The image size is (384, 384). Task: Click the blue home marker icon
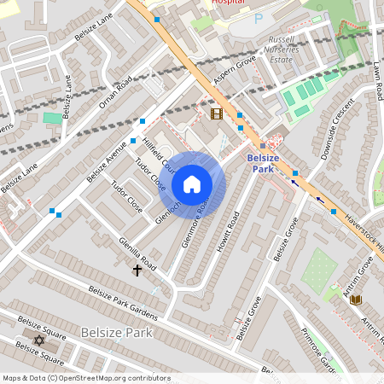point(192,184)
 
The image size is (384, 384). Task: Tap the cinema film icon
point(217,113)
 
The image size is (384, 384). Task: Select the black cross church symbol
point(137,270)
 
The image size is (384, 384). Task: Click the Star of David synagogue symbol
point(38,340)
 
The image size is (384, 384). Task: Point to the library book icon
point(356,299)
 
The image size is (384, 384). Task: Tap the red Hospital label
point(227,3)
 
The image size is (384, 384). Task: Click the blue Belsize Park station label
point(270,164)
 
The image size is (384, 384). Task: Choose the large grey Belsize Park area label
point(116,331)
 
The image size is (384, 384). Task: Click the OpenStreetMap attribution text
point(86,377)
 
